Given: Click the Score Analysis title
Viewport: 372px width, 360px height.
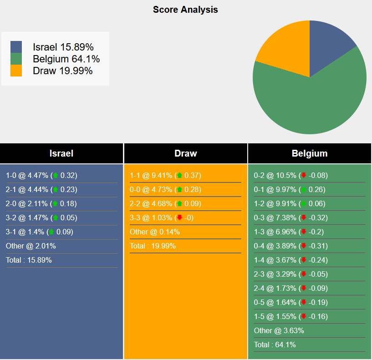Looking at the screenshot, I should (185, 10).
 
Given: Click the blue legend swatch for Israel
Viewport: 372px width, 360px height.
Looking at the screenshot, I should (16, 47).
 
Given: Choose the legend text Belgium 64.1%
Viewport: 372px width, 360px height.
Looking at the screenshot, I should (66, 59).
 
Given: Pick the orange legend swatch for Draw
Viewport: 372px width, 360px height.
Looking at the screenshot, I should (16, 71).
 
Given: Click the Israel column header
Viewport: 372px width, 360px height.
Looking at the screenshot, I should (61, 153).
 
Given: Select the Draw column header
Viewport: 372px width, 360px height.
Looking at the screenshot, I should (186, 153).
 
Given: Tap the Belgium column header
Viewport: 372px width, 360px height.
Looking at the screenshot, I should (310, 153).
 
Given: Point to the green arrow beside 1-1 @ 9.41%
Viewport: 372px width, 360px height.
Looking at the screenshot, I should (179, 175).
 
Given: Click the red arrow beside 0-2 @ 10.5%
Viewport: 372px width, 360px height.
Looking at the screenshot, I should (304, 175).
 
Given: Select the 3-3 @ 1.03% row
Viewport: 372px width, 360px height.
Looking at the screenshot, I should (162, 218).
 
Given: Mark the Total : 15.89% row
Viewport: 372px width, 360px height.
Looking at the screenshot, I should (29, 260).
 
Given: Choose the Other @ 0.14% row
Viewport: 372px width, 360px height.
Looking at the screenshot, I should (155, 232).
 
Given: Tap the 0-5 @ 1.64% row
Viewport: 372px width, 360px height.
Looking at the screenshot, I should (290, 302).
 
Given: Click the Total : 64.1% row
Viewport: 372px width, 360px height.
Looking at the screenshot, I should (275, 345).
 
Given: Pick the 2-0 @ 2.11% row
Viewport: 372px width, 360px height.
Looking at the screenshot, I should (41, 203).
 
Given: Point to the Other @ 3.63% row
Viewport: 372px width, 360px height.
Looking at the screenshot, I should (279, 330).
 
